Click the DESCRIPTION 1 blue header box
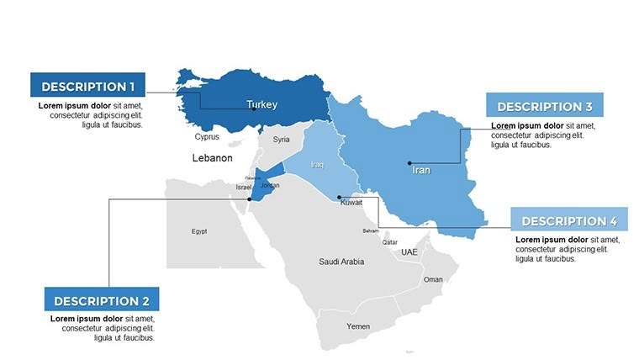tap(87, 86)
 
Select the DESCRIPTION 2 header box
tap(101, 300)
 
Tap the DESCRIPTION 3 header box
tap(544, 107)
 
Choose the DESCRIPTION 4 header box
tap(569, 221)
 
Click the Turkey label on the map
tap(262, 105)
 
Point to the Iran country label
tap(421, 170)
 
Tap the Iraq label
tap(317, 165)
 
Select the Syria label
tap(282, 140)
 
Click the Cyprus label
tap(207, 136)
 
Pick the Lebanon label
tap(212, 158)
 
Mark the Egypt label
tap(199, 231)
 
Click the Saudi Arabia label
tap(341, 262)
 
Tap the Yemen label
tap(358, 326)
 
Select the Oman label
tap(433, 279)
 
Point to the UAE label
tap(409, 252)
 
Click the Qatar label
tap(390, 242)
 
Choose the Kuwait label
tap(351, 204)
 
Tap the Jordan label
tap(271, 185)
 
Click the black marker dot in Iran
tap(409, 163)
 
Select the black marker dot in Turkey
tap(254, 109)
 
